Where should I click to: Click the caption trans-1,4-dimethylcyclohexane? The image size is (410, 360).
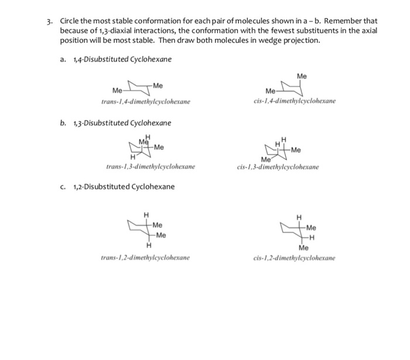(145, 102)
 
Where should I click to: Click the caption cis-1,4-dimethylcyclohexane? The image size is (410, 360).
(291, 101)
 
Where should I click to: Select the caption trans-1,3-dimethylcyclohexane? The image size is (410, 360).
(151, 167)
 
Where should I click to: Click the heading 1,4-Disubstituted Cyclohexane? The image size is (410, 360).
(122, 60)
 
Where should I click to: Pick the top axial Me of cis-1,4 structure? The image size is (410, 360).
(302, 76)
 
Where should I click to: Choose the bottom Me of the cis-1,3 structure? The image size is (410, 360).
(266, 159)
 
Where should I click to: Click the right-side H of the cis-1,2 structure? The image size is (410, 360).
(312, 237)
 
